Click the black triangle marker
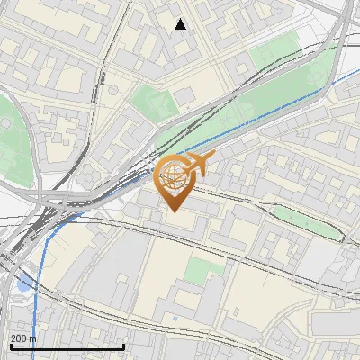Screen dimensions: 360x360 [181, 24]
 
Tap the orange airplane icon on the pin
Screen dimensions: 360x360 [195, 165]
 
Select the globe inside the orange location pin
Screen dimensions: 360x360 [174, 180]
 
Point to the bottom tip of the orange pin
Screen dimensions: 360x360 [174, 212]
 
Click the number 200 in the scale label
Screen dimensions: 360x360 [21, 337]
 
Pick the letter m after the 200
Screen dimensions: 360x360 [33, 337]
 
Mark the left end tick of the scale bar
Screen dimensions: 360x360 [11, 346]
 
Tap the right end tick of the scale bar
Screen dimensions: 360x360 [123, 346]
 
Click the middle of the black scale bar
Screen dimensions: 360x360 [67, 347]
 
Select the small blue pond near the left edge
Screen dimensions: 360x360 [22, 286]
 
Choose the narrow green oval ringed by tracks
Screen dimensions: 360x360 [306, 221]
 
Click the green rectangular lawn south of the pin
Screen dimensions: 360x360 [206, 267]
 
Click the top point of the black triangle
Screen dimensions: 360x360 [181, 18]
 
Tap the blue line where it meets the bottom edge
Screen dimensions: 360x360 [37, 358]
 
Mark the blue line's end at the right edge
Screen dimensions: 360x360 [358, 68]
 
